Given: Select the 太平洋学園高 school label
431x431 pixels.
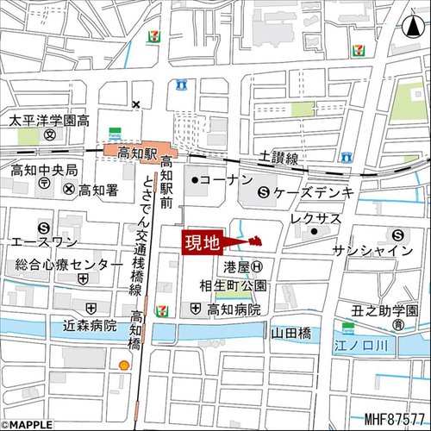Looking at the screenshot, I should click(49, 121).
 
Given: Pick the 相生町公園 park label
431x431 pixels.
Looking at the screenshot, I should click(234, 285).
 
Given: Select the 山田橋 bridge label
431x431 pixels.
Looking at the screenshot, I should click(290, 331).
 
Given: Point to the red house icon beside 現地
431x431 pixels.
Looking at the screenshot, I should click(254, 240).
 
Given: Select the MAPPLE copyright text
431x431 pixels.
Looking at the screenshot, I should click(28, 424).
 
